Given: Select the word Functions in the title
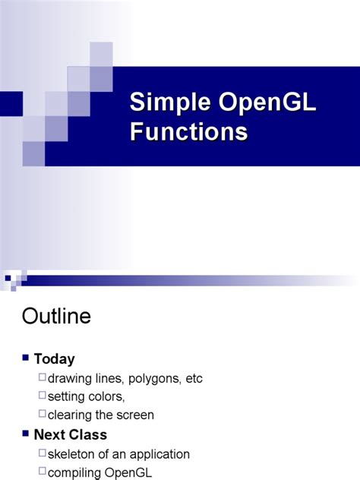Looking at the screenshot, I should coord(188,131).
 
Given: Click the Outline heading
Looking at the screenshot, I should coord(57,316).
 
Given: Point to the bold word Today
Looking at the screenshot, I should coord(54,359).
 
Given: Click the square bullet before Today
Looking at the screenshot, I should coord(27,358).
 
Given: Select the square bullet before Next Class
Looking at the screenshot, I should coord(27,434).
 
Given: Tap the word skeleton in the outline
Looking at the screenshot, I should coord(72,454).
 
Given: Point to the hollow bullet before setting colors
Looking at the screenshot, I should coord(42,396).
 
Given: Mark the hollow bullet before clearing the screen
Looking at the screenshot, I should coord(42,414).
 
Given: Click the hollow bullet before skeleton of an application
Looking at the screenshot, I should coord(42,453).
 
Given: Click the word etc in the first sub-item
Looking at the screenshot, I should coord(193,378).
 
